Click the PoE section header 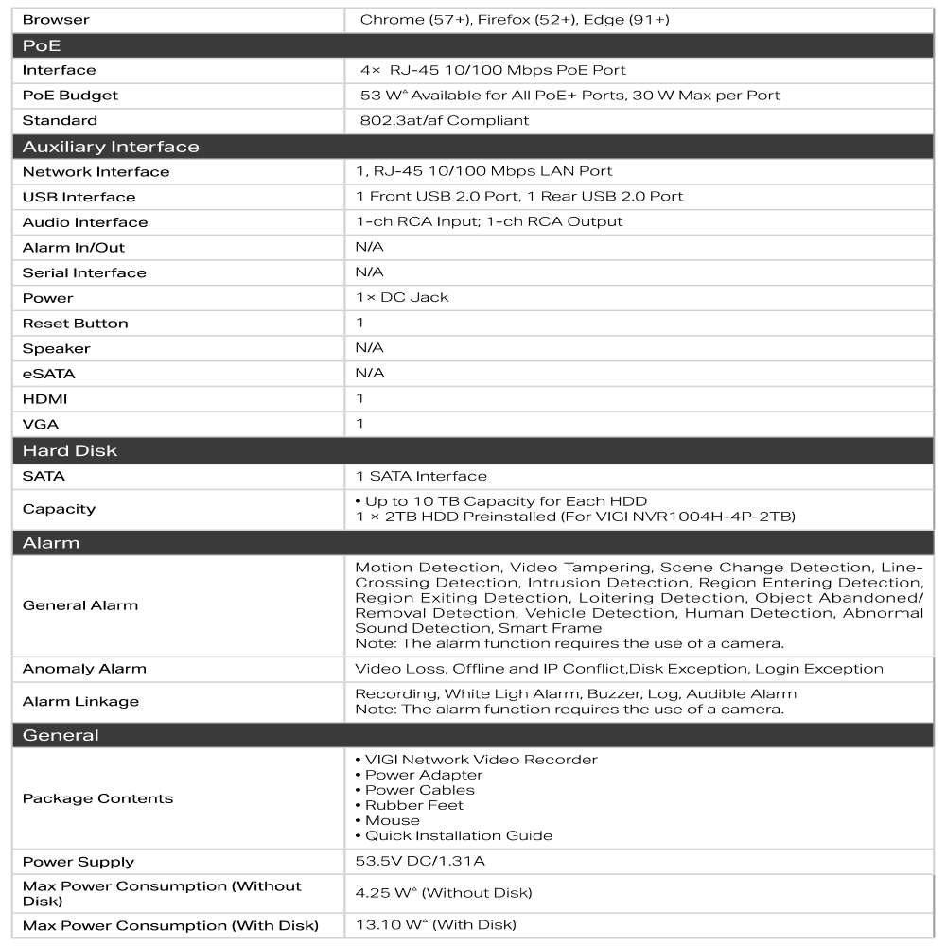coord(42,45)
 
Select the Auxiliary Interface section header coord(111,147)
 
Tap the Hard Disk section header coord(70,450)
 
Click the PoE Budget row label coord(70,96)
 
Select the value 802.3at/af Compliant coord(445,121)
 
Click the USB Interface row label coord(79,197)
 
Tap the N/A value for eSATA coord(370,373)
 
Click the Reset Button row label coord(75,323)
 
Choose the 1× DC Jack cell coord(402,297)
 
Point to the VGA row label coord(41,424)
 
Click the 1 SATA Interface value coord(421,476)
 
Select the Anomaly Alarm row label coord(84,669)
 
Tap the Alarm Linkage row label coord(80,701)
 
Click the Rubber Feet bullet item coord(413,805)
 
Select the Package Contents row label coord(97,798)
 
